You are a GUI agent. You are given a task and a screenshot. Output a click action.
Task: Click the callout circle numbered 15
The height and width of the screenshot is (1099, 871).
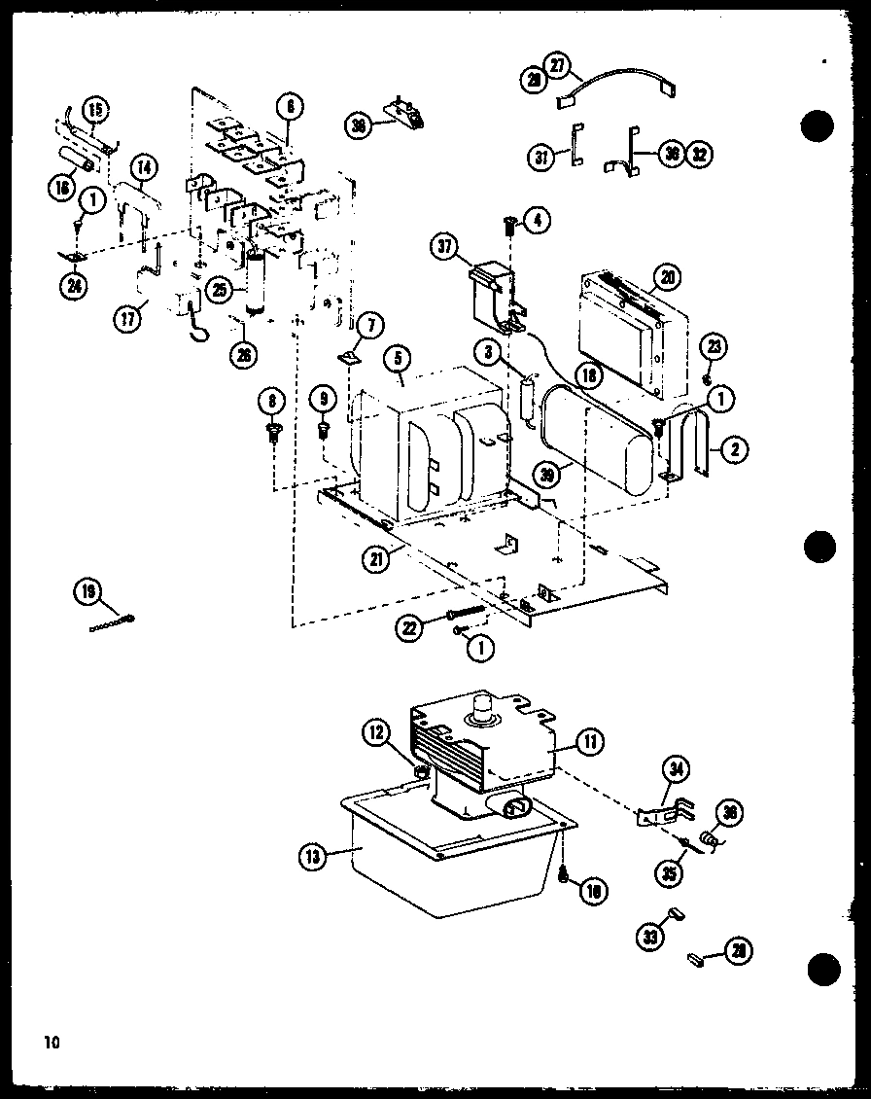coord(96,109)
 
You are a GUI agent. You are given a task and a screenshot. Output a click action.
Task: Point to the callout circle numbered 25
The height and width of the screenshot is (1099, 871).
coord(222,291)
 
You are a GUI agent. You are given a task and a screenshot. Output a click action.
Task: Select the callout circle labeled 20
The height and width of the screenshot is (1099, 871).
coord(664,276)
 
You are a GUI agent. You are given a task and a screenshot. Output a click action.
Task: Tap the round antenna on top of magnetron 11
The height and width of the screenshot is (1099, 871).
coord(479,715)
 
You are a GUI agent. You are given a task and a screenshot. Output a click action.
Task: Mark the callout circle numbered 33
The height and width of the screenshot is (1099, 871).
coord(648,938)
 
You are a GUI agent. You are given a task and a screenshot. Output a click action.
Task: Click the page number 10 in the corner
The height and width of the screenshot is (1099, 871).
coord(51,1043)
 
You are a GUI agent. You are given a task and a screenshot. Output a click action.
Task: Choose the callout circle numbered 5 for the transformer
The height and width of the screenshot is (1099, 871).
coord(396,358)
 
